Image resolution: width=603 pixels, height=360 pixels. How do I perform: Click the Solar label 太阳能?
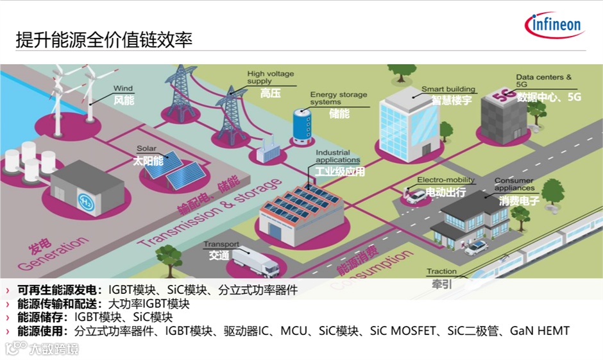coord(148,160)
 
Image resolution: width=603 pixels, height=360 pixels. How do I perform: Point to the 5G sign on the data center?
coord(500,98)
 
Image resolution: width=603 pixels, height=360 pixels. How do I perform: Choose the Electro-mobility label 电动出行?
coord(446,192)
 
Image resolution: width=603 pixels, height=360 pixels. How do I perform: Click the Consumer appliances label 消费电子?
coord(520,201)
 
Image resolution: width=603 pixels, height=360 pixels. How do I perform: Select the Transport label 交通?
coord(219,255)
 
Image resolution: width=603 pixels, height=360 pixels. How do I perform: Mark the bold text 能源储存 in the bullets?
coord(42,317)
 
